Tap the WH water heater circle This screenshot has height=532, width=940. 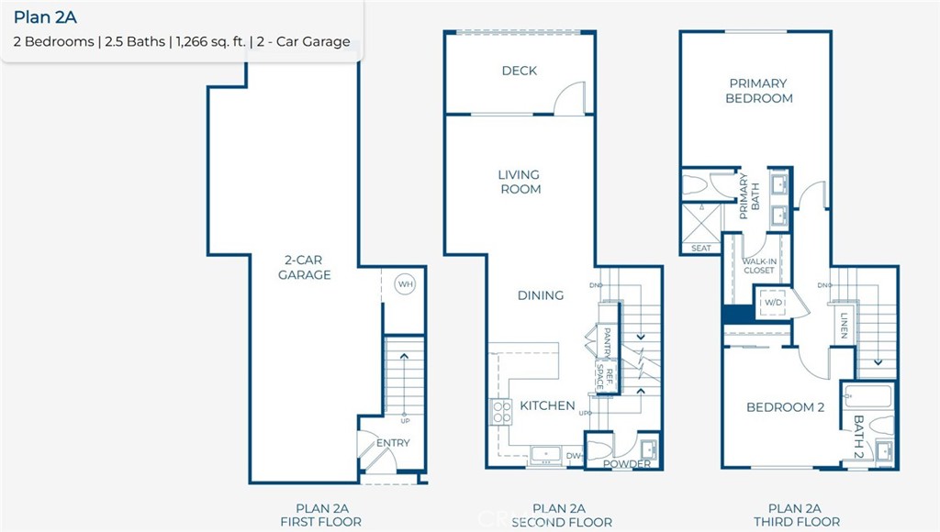(405, 284)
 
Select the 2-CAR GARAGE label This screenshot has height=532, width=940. (305, 268)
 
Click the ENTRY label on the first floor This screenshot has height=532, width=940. (393, 443)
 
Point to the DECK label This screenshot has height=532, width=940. (520, 71)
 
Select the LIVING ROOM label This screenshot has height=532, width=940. (520, 182)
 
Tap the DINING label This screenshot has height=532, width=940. (540, 295)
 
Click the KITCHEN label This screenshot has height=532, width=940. (547, 405)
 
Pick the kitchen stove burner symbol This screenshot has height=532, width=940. (501, 412)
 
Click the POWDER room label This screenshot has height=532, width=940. (627, 463)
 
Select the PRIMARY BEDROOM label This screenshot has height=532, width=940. (759, 90)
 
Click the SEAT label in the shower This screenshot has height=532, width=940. (700, 248)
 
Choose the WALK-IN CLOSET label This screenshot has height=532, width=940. (758, 266)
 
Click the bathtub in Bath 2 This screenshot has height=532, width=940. (867, 398)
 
